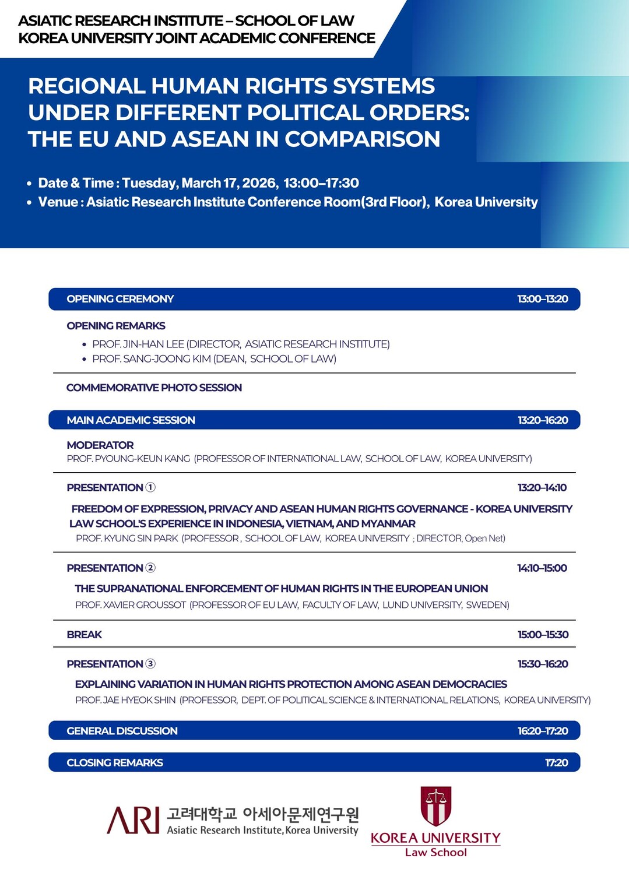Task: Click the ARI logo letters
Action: point(133,820)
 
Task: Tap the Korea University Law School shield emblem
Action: point(436,806)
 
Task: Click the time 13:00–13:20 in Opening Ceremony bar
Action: point(542,299)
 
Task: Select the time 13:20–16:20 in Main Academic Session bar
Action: point(542,420)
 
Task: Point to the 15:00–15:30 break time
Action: point(543,635)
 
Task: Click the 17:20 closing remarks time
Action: point(556,762)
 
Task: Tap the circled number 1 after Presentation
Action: point(150,487)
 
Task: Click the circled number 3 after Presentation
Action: point(150,664)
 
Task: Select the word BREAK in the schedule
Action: point(84,635)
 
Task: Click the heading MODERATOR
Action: point(100,445)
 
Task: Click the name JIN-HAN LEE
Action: point(153,344)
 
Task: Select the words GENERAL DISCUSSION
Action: point(122,731)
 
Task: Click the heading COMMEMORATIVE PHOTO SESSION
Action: point(154,388)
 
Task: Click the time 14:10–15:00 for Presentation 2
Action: point(542,568)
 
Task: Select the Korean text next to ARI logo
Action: point(262,813)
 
